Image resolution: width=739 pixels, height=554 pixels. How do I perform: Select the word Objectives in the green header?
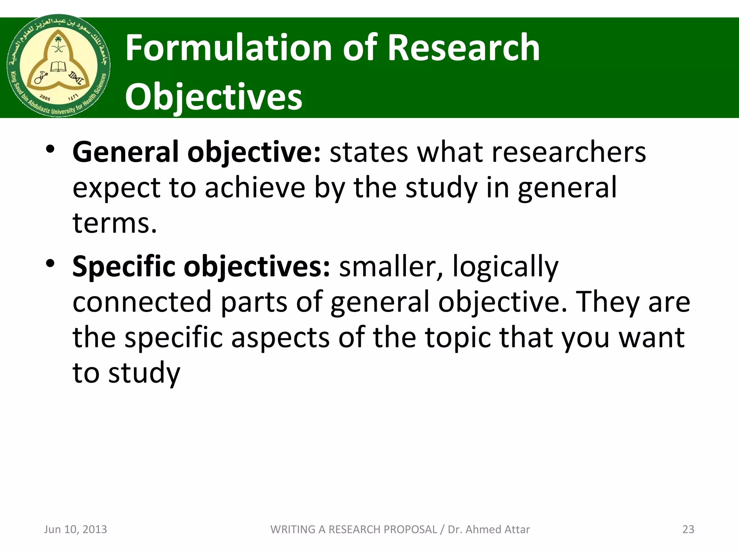coord(214,97)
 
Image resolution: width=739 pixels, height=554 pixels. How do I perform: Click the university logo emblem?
coord(58,66)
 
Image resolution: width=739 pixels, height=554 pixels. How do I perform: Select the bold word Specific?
coord(123,266)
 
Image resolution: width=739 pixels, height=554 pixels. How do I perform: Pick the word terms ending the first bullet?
coord(114,223)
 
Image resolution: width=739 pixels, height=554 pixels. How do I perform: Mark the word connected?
coord(142,302)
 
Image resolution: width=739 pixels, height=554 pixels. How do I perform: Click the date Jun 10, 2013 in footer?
coord(75,529)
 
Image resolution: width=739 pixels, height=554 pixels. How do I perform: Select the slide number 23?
coord(688,529)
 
